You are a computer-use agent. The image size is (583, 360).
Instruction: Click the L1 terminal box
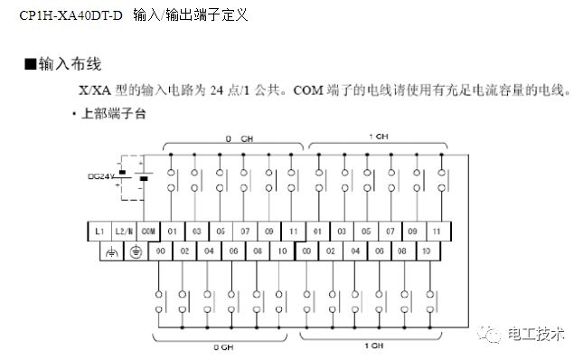click(x=99, y=230)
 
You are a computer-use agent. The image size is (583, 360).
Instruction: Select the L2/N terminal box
click(x=124, y=230)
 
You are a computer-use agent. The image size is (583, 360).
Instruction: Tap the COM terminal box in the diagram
click(x=148, y=230)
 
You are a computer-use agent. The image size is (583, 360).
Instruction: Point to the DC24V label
click(x=99, y=175)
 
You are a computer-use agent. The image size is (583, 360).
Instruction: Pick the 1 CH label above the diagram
click(x=379, y=137)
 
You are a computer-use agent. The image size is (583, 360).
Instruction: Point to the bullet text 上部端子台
click(x=112, y=114)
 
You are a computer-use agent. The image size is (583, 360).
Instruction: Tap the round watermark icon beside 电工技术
click(x=494, y=335)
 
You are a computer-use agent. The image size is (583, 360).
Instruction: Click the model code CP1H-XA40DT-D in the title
click(x=70, y=15)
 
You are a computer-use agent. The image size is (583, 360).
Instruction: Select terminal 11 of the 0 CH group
click(x=295, y=230)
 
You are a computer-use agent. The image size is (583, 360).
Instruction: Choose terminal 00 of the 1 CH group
click(x=307, y=250)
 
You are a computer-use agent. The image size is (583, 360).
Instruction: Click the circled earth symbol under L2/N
click(x=136, y=251)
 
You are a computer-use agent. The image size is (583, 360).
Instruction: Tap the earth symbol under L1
click(x=111, y=251)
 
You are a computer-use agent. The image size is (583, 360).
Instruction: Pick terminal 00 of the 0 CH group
click(x=160, y=250)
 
